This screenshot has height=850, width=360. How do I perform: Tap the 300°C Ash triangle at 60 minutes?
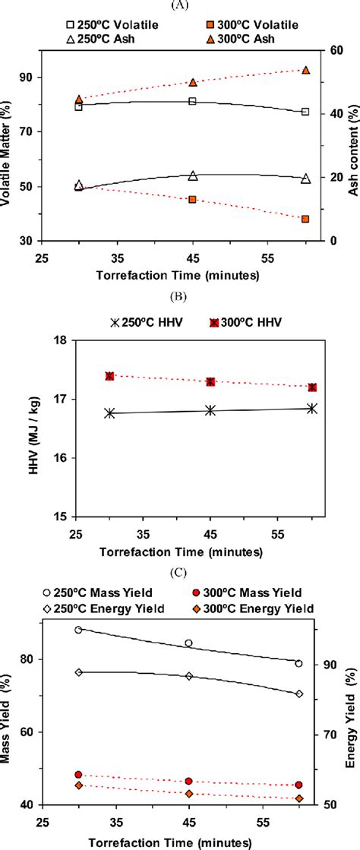pos(305,70)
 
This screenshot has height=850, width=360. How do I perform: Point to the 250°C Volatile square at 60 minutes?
pos(305,112)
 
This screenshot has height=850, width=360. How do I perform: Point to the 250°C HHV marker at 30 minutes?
pos(109,412)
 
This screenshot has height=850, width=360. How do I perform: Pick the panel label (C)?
pos(180,575)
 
